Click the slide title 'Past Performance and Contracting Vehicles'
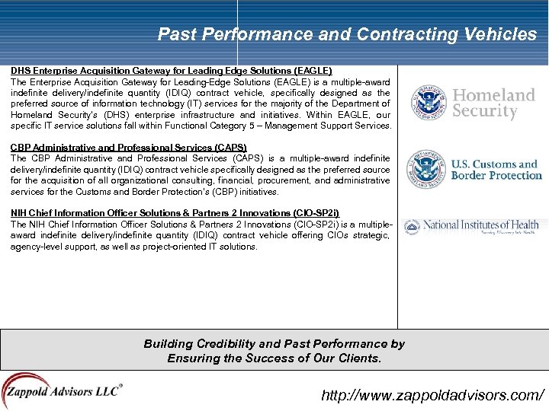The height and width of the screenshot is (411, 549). pyautogui.click(x=347, y=34)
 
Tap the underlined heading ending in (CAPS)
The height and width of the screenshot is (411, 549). pyautogui.click(x=129, y=147)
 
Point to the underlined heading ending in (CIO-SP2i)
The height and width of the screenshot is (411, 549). pyautogui.click(x=175, y=213)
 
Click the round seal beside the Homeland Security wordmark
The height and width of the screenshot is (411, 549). pyautogui.click(x=428, y=103)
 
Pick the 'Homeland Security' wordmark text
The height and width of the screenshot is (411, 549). pyautogui.click(x=493, y=103)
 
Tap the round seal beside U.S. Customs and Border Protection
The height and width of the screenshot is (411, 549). pyautogui.click(x=425, y=169)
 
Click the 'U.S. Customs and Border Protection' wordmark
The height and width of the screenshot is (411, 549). pyautogui.click(x=496, y=169)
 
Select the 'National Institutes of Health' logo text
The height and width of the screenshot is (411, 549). pyautogui.click(x=480, y=225)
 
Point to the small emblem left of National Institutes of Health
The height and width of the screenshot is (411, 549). pyautogui.click(x=412, y=226)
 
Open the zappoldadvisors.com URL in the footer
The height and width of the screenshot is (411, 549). pyautogui.click(x=432, y=395)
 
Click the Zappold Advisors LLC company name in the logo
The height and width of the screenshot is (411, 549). pyautogui.click(x=63, y=393)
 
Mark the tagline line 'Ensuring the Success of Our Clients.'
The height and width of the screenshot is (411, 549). pyautogui.click(x=274, y=358)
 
